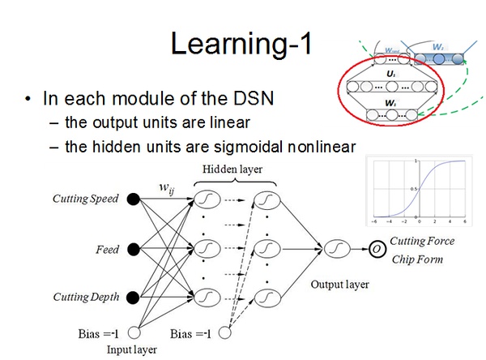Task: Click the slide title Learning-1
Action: tap(242, 42)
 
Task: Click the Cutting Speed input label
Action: tap(86, 199)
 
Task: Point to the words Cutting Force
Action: tap(422, 241)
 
